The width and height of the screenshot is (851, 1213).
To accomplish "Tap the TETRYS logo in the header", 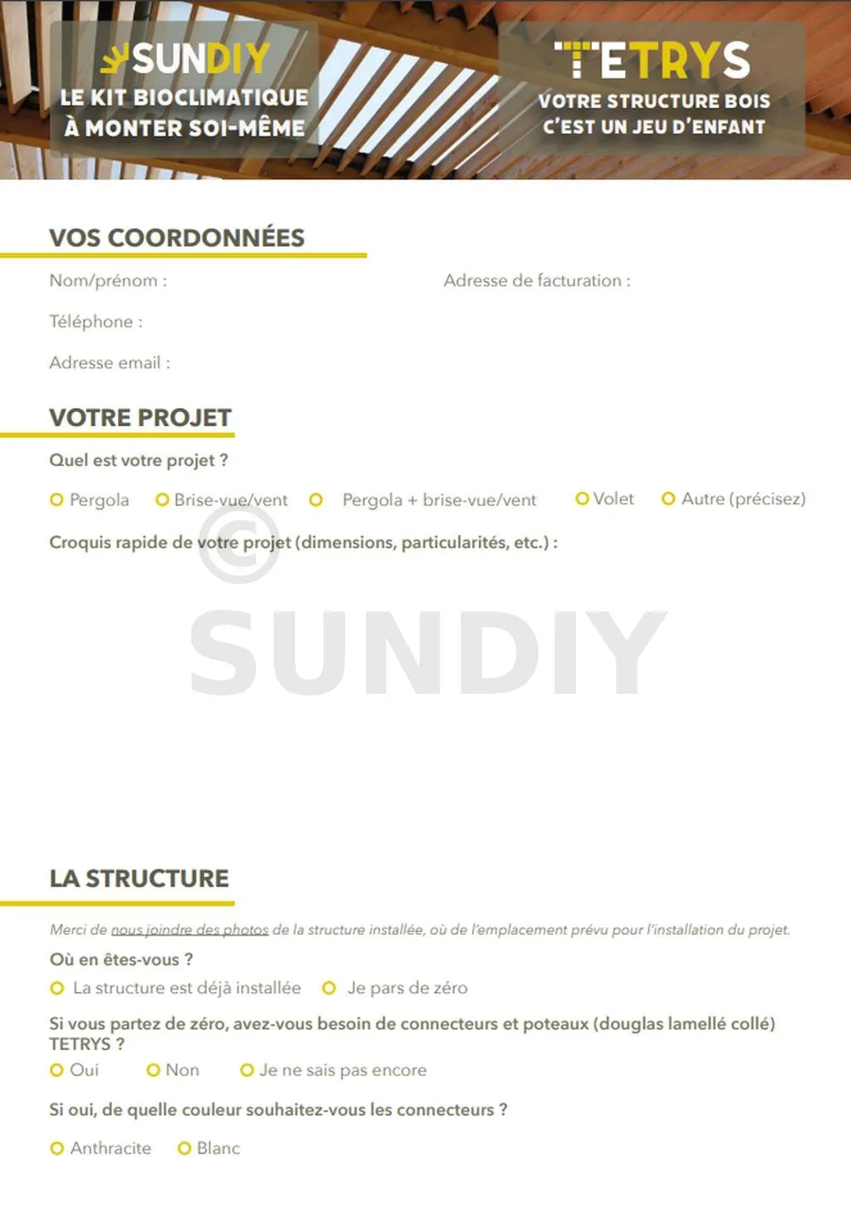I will pyautogui.click(x=652, y=61).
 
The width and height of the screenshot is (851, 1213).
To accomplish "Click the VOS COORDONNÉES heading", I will pyautogui.click(x=177, y=238).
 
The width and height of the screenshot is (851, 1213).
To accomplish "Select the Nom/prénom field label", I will pyautogui.click(x=108, y=281).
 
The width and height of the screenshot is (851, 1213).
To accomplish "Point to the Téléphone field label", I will pyautogui.click(x=96, y=322).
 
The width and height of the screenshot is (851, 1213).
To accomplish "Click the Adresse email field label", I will pyautogui.click(x=110, y=363).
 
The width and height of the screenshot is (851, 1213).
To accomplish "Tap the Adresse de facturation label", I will pyautogui.click(x=537, y=281).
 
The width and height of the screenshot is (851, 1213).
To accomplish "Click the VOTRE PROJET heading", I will pyautogui.click(x=140, y=417).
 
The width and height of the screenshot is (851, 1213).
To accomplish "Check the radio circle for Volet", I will pyautogui.click(x=583, y=498).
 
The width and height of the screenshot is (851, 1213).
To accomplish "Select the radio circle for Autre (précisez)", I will pyautogui.click(x=668, y=498).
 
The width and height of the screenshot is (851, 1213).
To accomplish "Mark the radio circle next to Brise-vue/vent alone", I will pyautogui.click(x=163, y=499).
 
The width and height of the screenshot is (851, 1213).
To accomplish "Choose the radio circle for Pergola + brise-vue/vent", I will pyautogui.click(x=316, y=499).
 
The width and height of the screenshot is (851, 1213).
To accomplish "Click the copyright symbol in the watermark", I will pyautogui.click(x=239, y=543).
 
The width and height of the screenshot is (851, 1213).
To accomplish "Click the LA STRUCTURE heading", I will pyautogui.click(x=139, y=878).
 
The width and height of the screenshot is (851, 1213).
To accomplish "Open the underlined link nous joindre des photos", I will pyautogui.click(x=189, y=930).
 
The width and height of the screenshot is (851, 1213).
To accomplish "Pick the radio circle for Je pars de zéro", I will pyautogui.click(x=329, y=988).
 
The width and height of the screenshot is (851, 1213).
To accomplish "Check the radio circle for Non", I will pyautogui.click(x=153, y=1070).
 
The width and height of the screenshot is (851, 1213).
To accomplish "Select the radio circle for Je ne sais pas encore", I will pyautogui.click(x=247, y=1070).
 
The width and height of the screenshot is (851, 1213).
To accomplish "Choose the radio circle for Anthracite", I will pyautogui.click(x=57, y=1148).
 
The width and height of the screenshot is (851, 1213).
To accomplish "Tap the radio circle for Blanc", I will pyautogui.click(x=184, y=1148).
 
